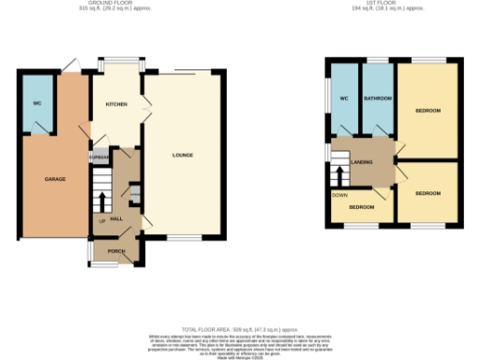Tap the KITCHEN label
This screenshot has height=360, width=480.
tap(116, 104)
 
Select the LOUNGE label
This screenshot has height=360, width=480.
tap(184, 154)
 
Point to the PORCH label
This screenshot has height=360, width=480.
tap(117, 251)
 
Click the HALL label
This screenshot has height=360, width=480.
tap(117, 217)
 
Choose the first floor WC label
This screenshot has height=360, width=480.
tap(344, 97)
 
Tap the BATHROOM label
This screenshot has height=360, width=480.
tap(377, 97)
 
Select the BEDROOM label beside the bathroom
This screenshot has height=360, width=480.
tap(427, 111)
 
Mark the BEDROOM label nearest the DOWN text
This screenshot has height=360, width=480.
tap(362, 206)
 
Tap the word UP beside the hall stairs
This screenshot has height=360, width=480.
tap(101, 221)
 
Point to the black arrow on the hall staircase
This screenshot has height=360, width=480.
tap(102, 201)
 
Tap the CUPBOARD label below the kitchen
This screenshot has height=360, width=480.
tap(98, 157)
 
